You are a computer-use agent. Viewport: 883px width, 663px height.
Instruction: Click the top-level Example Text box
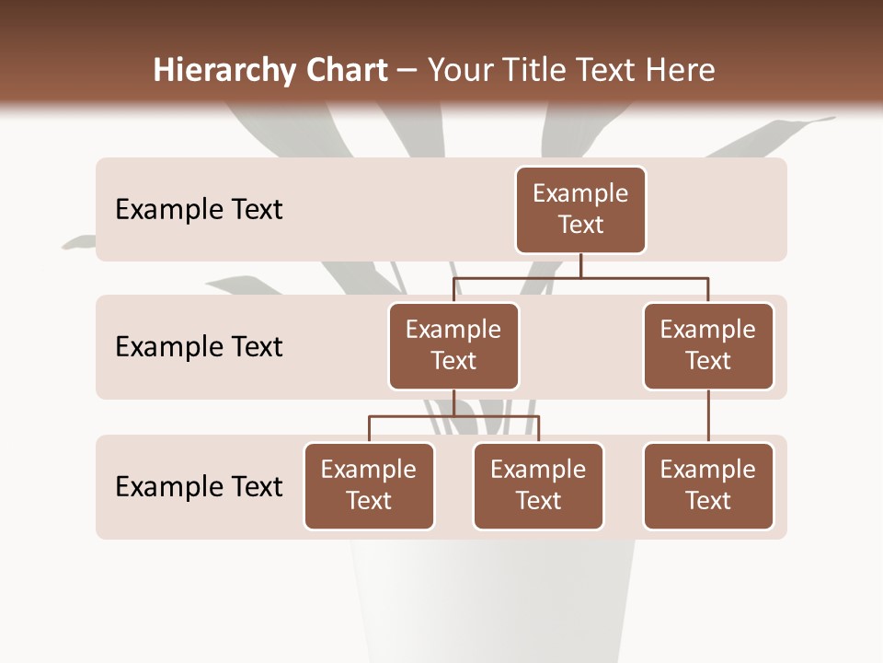[x=580, y=209]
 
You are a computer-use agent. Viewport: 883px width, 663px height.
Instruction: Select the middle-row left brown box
[x=453, y=345]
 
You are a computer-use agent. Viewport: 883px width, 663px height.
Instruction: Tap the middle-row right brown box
[x=708, y=345]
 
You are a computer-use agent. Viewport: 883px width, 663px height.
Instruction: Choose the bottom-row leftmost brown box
[x=369, y=485]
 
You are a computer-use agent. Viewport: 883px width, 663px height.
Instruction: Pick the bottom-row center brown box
[x=538, y=485]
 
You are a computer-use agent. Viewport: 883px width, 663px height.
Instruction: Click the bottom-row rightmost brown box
[x=708, y=485]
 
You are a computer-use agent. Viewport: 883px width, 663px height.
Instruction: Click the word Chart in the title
[x=344, y=70]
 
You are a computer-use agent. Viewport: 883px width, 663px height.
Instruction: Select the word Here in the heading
[x=682, y=70]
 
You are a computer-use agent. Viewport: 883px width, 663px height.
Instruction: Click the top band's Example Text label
[x=199, y=210]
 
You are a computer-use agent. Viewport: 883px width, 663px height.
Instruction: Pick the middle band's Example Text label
[x=199, y=347]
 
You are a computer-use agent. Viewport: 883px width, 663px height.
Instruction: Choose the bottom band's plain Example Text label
[x=199, y=486]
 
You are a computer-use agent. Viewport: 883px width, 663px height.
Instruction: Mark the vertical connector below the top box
[x=580, y=265]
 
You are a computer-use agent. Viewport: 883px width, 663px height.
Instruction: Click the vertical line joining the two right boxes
[x=708, y=416]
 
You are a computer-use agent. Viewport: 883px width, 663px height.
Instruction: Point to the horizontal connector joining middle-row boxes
[x=580, y=277]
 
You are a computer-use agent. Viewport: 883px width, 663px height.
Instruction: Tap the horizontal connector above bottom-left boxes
[x=453, y=416]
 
